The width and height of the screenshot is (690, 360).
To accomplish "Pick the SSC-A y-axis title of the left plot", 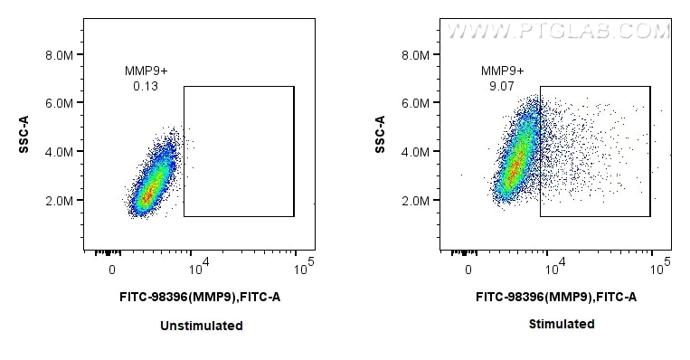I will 25,134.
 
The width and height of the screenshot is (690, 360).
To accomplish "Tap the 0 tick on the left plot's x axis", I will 112,270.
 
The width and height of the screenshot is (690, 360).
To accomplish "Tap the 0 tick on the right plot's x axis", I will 468,270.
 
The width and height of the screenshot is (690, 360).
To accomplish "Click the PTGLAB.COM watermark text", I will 559,32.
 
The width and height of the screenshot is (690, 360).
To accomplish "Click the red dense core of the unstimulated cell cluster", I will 150,192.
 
